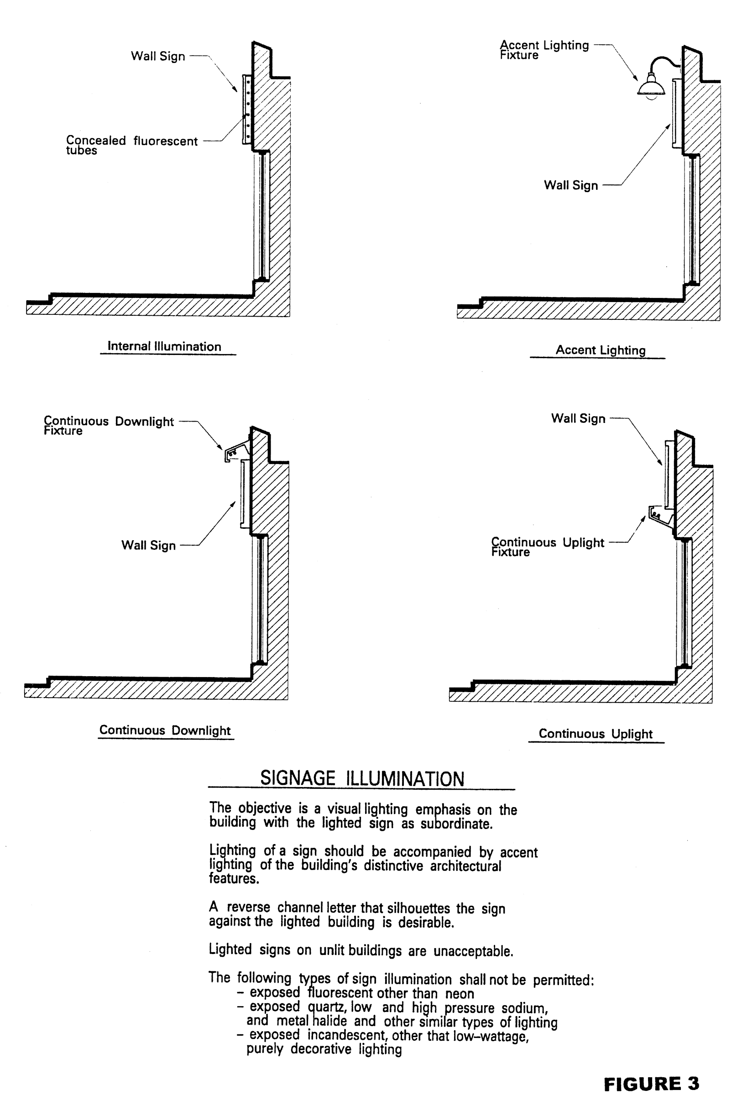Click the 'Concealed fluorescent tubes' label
click(x=131, y=145)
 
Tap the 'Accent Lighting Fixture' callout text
click(x=544, y=49)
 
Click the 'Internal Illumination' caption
click(x=164, y=346)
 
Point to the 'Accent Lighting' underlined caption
click(x=601, y=350)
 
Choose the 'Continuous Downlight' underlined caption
click(x=165, y=730)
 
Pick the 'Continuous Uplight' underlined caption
click(x=595, y=733)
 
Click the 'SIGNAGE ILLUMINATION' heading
click(x=362, y=778)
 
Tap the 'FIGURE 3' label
click(x=651, y=1083)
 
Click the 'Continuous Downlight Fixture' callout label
click(x=108, y=425)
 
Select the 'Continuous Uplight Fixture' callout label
click(x=547, y=547)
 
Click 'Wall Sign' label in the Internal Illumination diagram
click(x=158, y=56)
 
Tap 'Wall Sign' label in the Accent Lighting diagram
click(x=570, y=185)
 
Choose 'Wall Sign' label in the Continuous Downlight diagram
click(x=148, y=545)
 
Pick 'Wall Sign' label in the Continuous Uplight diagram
click(x=578, y=418)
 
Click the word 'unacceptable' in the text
click(x=473, y=951)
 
